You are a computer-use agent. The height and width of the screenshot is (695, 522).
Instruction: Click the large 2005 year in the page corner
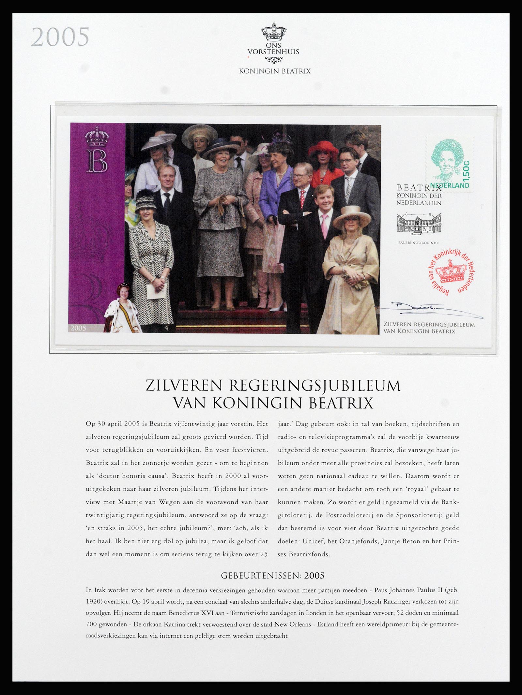tap(60, 37)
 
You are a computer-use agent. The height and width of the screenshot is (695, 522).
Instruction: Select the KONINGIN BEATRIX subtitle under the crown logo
tap(275, 71)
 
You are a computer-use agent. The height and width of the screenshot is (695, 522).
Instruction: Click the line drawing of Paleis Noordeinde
tap(419, 224)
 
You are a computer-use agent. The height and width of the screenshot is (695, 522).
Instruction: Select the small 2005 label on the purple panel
tap(78, 328)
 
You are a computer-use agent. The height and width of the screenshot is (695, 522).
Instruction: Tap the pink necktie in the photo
tap(325, 225)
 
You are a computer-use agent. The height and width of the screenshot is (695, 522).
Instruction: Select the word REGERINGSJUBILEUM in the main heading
tap(315, 386)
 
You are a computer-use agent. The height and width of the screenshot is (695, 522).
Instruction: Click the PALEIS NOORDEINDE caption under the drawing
tap(418, 243)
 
